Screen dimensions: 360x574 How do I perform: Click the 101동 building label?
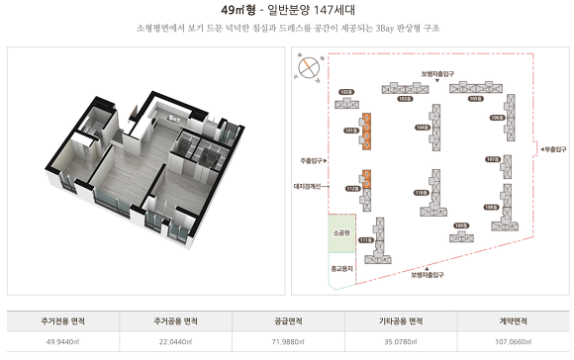pos(349,130)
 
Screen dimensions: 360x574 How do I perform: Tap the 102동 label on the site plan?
pos(345,92)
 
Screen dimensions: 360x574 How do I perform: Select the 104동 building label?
pos(422,127)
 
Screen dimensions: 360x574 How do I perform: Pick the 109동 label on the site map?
pos(460,225)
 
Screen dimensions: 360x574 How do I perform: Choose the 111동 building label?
pos(364,240)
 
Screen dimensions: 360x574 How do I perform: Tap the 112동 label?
pos(350,188)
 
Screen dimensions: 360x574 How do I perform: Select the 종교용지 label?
pos(341,267)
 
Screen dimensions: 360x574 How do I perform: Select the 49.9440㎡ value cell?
pos(62,342)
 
